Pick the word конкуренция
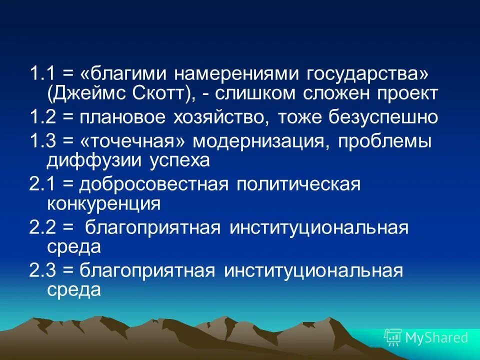103,203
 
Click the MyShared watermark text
436,337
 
